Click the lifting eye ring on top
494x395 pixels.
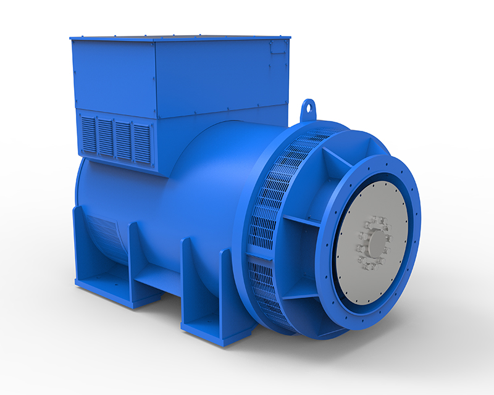(309, 110)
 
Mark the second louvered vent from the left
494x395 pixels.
(106, 136)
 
